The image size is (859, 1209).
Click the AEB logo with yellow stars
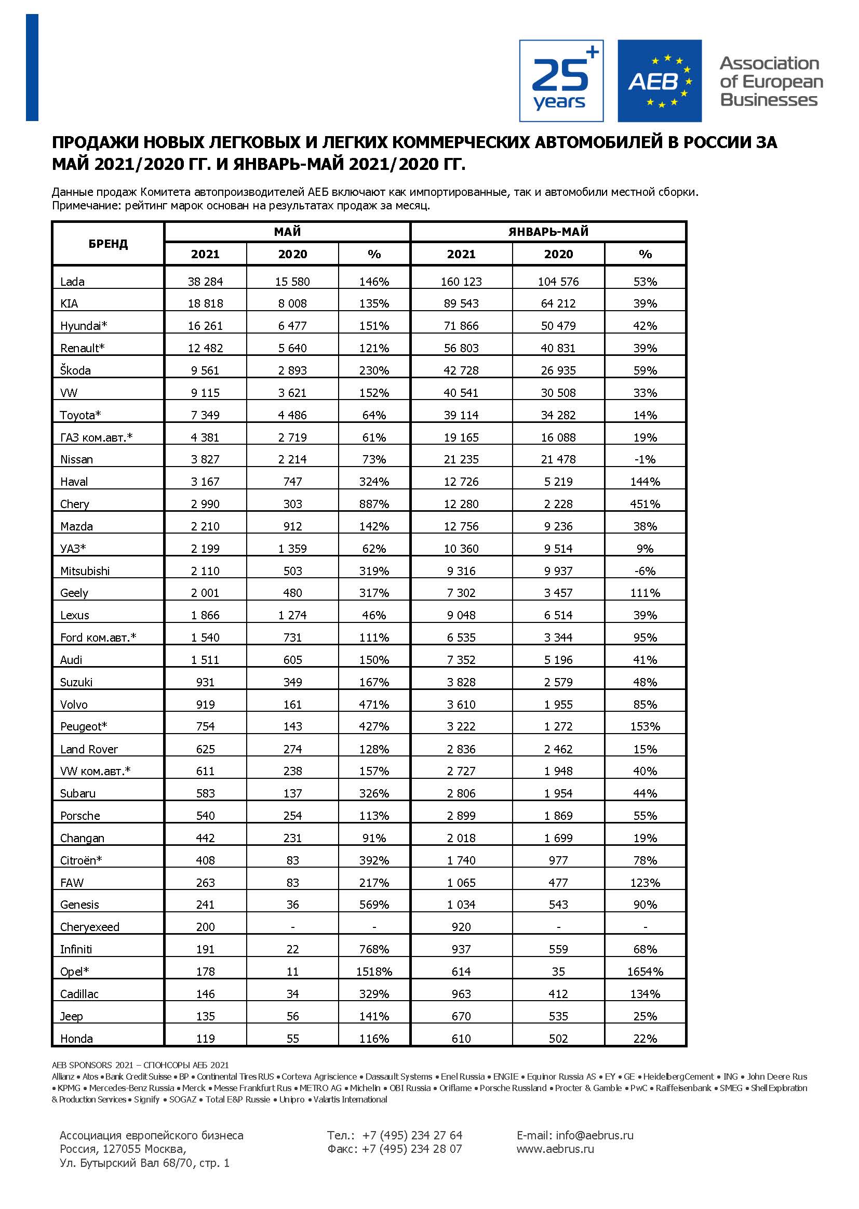click(659, 81)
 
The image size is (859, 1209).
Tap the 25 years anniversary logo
click(561, 81)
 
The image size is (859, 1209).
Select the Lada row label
click(73, 282)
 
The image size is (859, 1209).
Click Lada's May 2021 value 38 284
click(205, 282)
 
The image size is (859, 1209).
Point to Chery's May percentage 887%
click(374, 503)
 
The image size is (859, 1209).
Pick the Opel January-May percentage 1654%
click(645, 972)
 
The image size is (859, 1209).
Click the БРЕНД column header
click(108, 244)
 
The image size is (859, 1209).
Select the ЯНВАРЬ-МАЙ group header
click(548, 232)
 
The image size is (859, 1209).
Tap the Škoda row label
click(75, 370)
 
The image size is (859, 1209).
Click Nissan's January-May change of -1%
click(645, 459)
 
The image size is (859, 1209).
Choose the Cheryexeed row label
click(90, 927)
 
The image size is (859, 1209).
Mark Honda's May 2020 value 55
click(292, 1038)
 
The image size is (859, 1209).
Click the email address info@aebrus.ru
click(594, 1135)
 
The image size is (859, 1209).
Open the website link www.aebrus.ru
click(555, 1149)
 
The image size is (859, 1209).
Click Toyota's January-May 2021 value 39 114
click(461, 415)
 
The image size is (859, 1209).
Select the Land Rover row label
click(89, 749)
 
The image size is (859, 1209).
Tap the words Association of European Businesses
click(771, 82)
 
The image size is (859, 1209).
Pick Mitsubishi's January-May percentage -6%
click(645, 571)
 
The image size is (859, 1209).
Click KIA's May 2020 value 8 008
click(292, 304)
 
